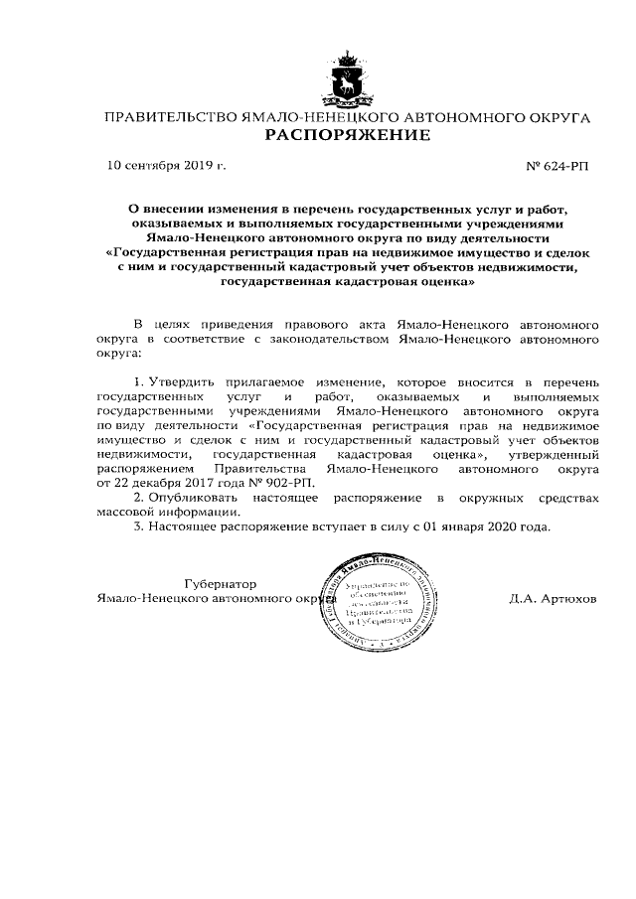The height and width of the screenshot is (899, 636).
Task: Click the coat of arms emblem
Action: click(348, 78)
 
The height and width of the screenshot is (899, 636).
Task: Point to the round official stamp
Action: click(377, 606)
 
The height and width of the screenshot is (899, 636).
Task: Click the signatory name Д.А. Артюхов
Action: click(553, 601)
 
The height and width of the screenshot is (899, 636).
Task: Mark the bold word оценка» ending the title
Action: click(449, 281)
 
